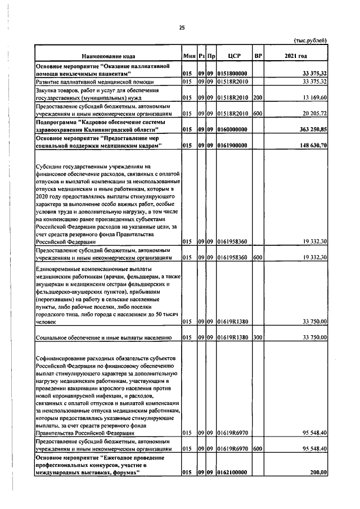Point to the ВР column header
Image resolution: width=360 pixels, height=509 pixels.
pyautogui.click(x=258, y=56)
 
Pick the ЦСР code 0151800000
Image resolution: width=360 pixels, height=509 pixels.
pyautogui.click(x=233, y=73)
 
